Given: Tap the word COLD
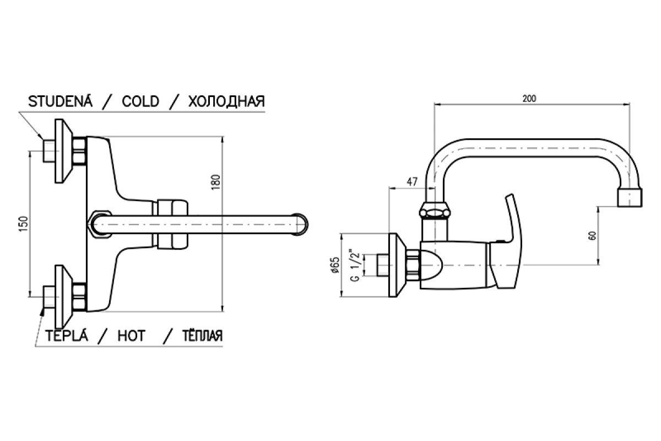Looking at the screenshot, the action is [140, 101].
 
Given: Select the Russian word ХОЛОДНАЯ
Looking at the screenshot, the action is [226, 101].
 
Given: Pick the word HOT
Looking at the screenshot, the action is [131, 336].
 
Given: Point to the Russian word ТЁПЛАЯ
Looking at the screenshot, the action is [202, 335].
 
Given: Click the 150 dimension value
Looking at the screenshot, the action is [24, 224].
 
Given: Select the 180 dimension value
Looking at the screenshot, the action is [216, 182].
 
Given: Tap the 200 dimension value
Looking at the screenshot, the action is [529, 99].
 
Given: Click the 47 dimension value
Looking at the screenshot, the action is [412, 181].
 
